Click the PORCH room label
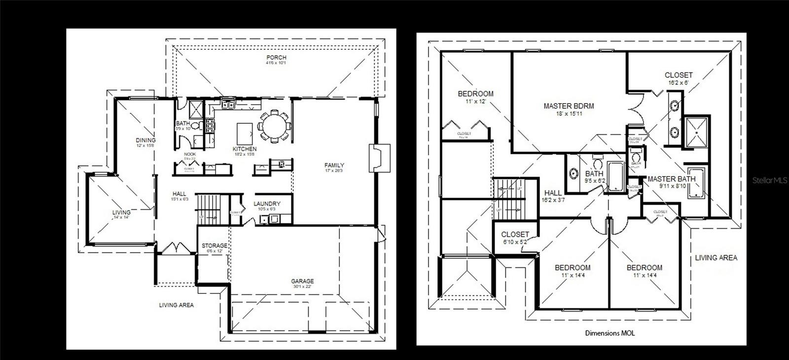[x=276, y=60]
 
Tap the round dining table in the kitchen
[x=275, y=127]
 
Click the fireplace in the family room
[x=379, y=158]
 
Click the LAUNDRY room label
[x=267, y=206]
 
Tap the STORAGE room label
[x=215, y=248]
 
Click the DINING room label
[x=145, y=143]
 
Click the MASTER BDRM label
[x=569, y=108]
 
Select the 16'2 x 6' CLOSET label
[x=679, y=78]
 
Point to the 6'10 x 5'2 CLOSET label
[x=515, y=238]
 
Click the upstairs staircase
[x=508, y=200]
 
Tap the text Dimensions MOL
[x=610, y=333]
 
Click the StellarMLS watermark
[x=770, y=181]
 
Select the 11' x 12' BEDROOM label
[x=475, y=97]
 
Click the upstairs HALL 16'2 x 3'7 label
[x=553, y=196]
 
